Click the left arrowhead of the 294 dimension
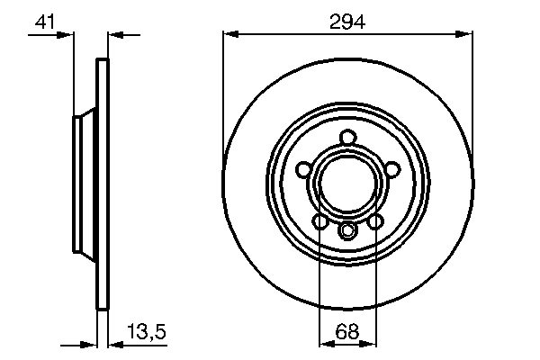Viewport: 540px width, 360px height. click(x=229, y=34)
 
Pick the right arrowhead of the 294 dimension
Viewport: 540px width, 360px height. click(x=467, y=34)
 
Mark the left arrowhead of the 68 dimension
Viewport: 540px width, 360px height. click(x=325, y=343)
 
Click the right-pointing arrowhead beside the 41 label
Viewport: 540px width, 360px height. click(x=67, y=34)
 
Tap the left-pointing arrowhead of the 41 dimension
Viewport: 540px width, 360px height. click(x=113, y=34)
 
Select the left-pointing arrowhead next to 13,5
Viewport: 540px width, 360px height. click(x=114, y=343)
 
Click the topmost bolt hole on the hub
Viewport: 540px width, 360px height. click(x=348, y=138)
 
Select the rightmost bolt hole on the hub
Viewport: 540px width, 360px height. click(x=392, y=169)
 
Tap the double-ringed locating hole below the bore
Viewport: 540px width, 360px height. click(x=348, y=231)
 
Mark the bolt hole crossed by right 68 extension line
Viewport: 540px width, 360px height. click(x=374, y=220)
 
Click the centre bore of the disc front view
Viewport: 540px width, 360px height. click(x=347, y=184)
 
